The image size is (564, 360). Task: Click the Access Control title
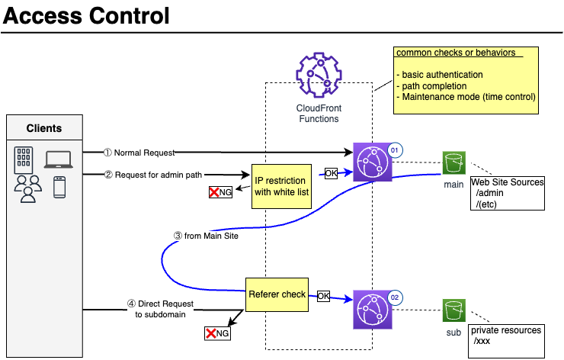86,15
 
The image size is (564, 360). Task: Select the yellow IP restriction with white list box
281,185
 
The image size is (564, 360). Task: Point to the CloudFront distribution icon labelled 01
372,162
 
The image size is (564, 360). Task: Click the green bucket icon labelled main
454,162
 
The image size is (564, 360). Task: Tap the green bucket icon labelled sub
454,310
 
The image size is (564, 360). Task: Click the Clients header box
44,128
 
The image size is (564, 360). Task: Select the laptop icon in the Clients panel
58,159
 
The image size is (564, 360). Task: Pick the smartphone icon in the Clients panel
59,187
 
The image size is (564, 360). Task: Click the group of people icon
27,188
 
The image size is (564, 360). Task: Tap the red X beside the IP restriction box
215,191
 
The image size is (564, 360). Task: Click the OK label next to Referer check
323,295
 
